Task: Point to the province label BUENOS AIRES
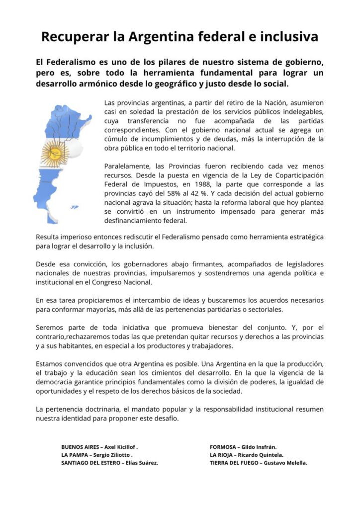click(x=79, y=446)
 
